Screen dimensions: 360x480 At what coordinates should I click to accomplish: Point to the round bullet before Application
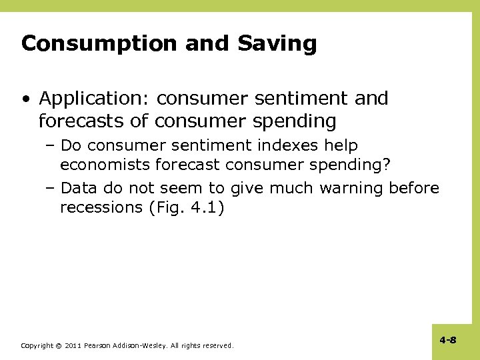[26, 99]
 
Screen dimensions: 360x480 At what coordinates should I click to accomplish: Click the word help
[343, 145]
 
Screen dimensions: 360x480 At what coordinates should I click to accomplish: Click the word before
[413, 188]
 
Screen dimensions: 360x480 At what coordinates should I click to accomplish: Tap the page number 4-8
[448, 340]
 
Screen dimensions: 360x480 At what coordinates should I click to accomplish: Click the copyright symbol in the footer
[59, 346]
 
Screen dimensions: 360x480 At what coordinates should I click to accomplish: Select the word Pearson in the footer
[98, 346]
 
